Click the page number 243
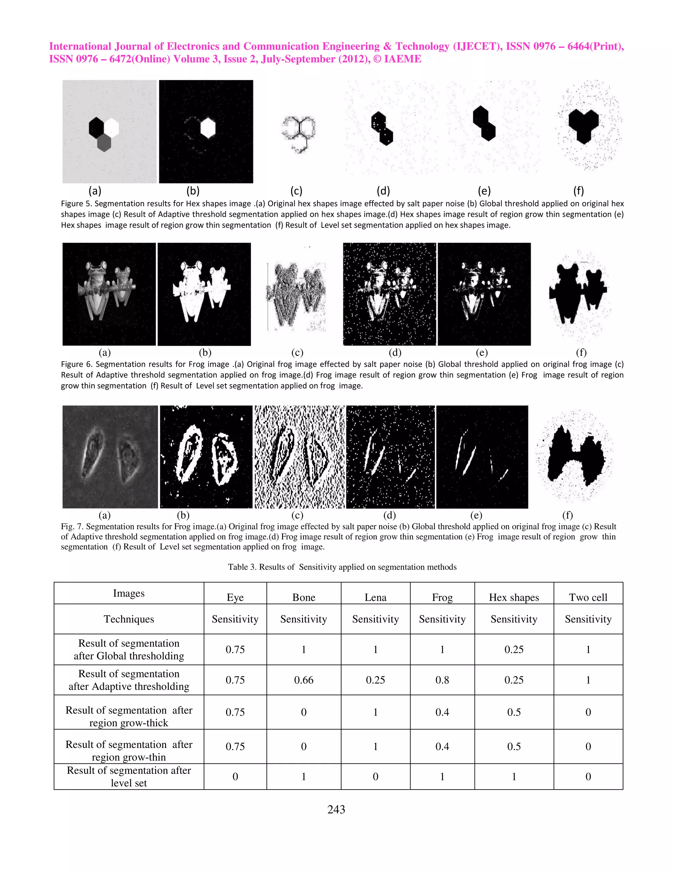[x=336, y=809]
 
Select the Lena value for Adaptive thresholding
[x=375, y=680]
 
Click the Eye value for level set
[x=235, y=776]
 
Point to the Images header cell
[x=128, y=593]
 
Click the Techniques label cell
[x=128, y=619]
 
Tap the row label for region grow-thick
[x=128, y=716]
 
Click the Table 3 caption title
[x=342, y=567]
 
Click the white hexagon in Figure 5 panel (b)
[x=208, y=128]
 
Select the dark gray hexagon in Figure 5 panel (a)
[x=104, y=143]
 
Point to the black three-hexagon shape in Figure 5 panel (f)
[x=583, y=125]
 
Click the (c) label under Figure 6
[x=297, y=353]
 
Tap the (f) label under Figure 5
[x=578, y=191]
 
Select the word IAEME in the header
[x=402, y=59]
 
